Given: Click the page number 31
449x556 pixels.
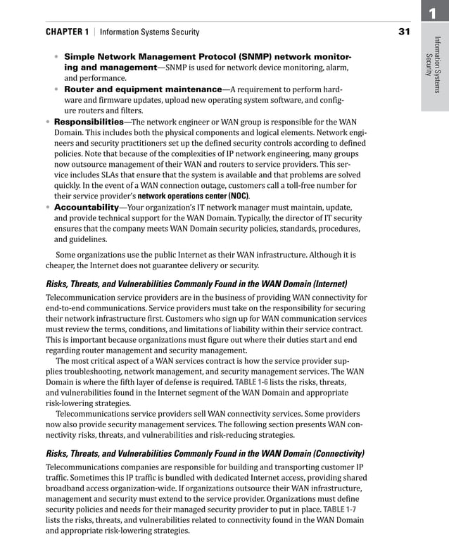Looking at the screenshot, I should click(x=404, y=32).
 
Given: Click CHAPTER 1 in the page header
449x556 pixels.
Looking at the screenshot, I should click(x=67, y=32).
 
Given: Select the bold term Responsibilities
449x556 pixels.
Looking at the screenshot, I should click(x=87, y=122).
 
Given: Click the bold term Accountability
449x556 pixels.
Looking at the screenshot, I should click(x=86, y=208).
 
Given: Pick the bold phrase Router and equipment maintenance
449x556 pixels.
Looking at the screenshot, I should click(x=143, y=89).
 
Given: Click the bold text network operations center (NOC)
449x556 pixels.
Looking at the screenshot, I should click(x=193, y=196).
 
